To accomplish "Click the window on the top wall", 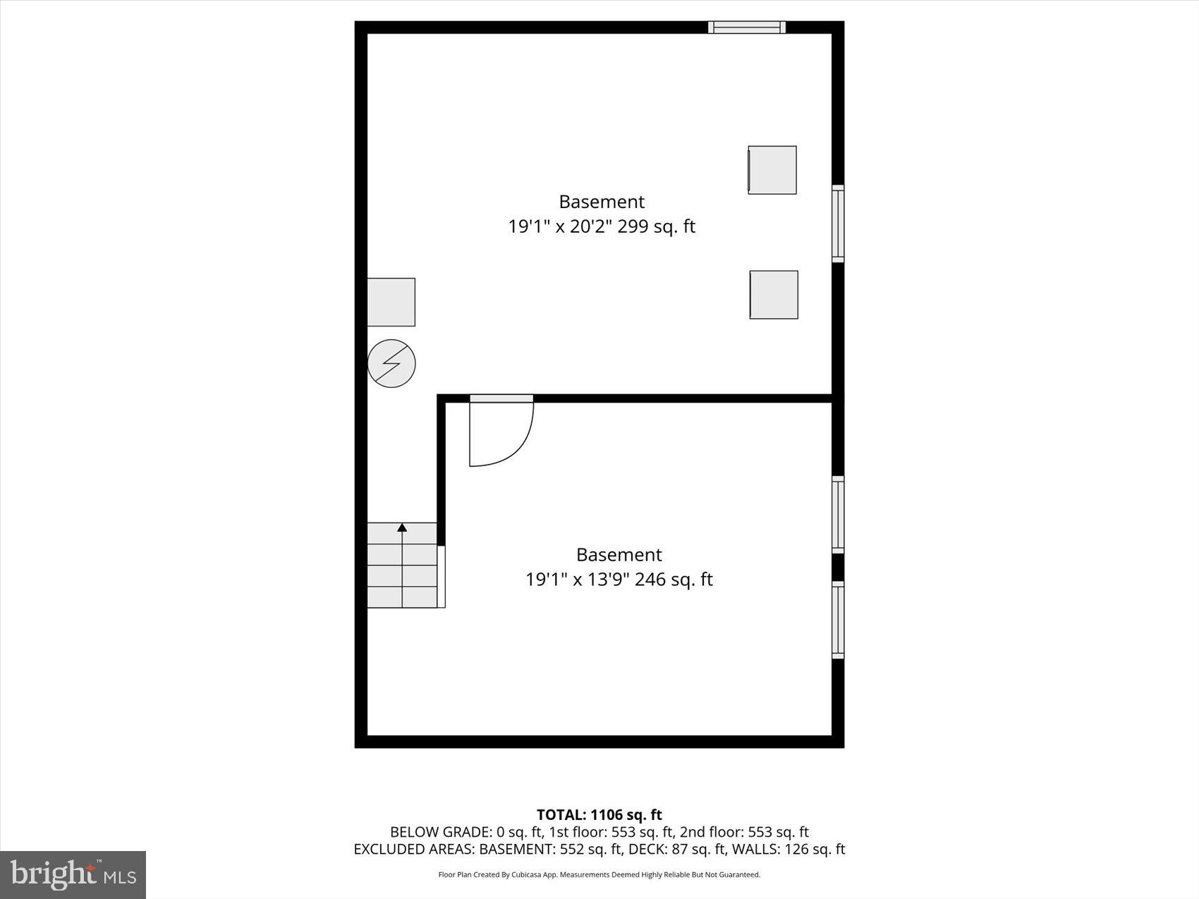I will tap(747, 27).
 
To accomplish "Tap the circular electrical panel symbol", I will tap(391, 364).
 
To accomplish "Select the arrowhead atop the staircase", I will tap(402, 527).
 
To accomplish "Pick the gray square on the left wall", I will tap(391, 302).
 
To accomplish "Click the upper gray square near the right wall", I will tap(772, 170).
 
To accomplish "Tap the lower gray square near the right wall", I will tap(774, 295).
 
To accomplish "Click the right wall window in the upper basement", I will tap(838, 224).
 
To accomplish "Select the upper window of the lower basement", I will tap(838, 515).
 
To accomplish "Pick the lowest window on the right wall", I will tap(838, 620).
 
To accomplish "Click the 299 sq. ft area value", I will tap(657, 226).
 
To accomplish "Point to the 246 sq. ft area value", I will tap(674, 580).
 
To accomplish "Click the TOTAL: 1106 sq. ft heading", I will tap(599, 815).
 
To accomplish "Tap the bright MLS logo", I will tap(73, 875).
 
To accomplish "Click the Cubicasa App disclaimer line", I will tap(599, 875).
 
